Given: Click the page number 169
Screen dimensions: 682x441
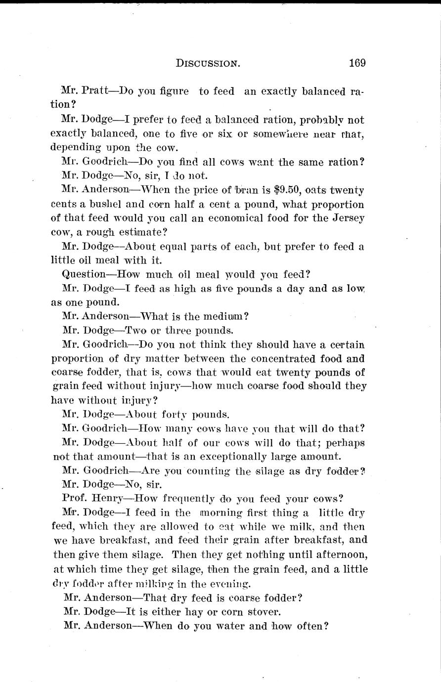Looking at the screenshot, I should (x=356, y=63).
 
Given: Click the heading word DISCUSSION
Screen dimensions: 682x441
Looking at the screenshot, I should (x=208, y=63).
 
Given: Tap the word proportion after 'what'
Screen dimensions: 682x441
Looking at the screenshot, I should (x=335, y=204).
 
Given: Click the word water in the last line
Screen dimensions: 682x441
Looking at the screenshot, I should (x=234, y=625).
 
